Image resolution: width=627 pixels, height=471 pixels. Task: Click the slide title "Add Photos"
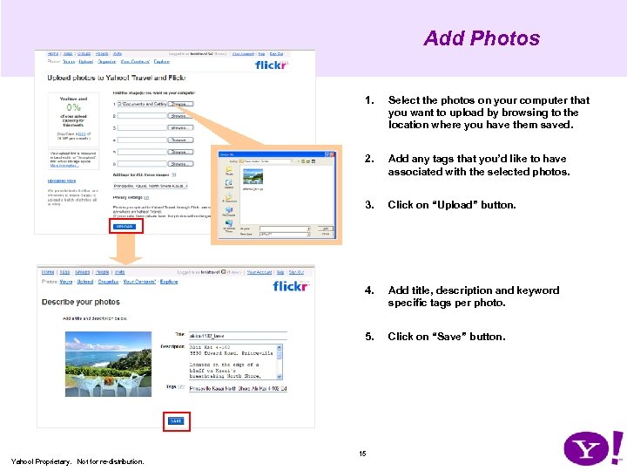click(x=482, y=38)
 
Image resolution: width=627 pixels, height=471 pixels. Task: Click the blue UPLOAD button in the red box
click(x=123, y=226)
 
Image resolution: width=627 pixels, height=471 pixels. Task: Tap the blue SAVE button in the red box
click(x=176, y=421)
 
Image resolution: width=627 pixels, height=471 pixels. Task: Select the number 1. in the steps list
click(x=371, y=100)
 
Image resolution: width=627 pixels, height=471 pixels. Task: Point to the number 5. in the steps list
click(x=370, y=337)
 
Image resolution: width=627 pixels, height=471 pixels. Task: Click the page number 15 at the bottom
click(x=363, y=452)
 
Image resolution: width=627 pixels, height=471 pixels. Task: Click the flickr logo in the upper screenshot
click(x=271, y=65)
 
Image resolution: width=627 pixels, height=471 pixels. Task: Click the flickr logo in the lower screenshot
click(x=291, y=286)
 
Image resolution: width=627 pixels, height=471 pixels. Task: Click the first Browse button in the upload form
click(x=179, y=104)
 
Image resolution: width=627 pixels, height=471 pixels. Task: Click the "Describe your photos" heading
click(x=81, y=302)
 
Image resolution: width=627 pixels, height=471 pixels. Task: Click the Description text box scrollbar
click(x=280, y=361)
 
